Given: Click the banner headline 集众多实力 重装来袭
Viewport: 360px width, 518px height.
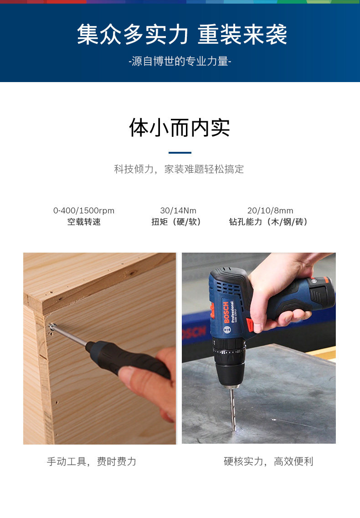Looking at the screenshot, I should pos(182,35).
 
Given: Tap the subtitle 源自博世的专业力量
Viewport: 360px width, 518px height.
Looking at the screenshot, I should pos(180,62).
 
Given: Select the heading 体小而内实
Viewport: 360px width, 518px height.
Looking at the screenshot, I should pos(180,128).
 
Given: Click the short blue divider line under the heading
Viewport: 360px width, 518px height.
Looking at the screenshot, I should pos(180,153).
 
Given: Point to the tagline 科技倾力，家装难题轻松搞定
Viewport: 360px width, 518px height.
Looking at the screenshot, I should pos(179,170).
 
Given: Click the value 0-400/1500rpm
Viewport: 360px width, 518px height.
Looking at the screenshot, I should pos(84,211).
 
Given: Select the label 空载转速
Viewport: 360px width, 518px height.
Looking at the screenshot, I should pos(84,222).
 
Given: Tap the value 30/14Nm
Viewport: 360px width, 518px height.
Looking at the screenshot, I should pos(178,211).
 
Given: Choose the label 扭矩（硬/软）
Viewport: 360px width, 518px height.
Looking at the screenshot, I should pos(176,222).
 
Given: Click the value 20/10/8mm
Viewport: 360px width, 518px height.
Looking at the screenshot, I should pos(270,211).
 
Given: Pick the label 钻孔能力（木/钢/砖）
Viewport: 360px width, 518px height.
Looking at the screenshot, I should pos(269,222).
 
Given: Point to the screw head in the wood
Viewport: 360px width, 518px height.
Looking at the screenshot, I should pos(53,326).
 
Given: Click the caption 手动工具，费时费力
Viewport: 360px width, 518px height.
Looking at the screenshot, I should pos(92,461).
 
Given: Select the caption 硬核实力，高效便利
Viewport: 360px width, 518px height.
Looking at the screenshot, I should pos(268,461).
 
